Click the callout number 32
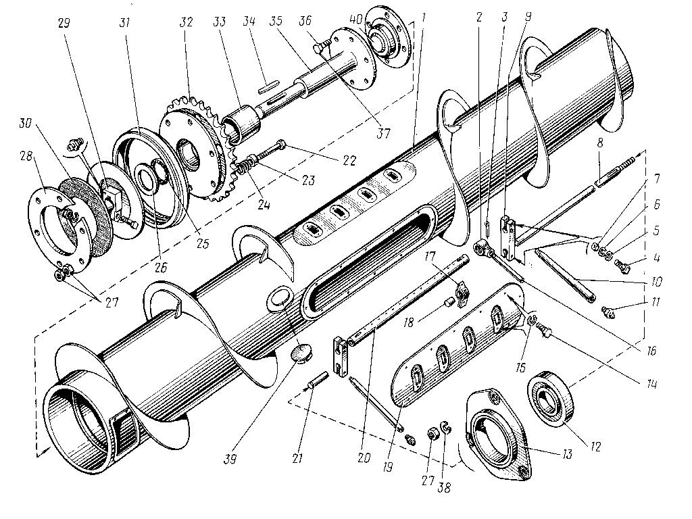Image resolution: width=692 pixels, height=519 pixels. [x=187, y=22]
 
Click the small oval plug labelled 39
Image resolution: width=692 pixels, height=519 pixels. [x=301, y=353]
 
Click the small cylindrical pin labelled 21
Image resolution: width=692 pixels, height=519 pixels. [x=318, y=380]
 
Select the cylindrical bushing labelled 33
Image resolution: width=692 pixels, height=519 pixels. [x=241, y=122]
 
